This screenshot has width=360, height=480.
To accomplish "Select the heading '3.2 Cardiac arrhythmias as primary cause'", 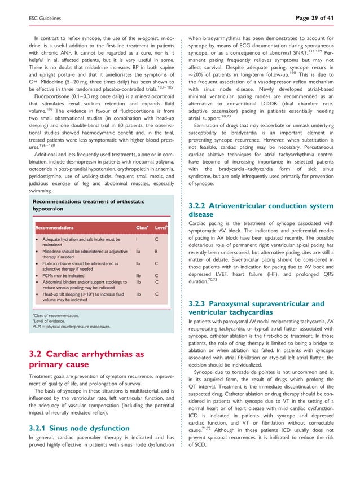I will pos(86,360).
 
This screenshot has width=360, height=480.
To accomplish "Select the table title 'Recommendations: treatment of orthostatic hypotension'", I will pos(87,205).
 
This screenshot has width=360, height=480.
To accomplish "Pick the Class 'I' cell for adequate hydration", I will pos(137,239).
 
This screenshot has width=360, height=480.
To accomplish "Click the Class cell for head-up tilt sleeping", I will pos(138,294).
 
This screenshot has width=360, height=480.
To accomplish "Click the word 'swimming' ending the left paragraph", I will pos(39,191).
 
